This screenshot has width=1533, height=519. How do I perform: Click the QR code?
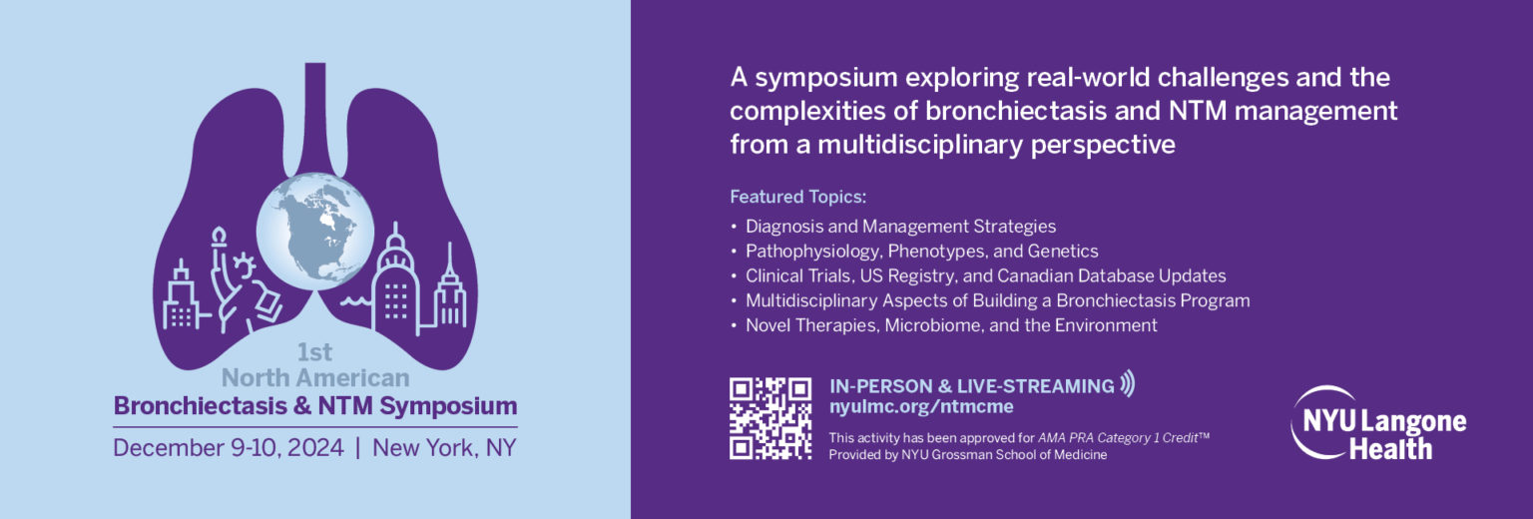pyautogui.click(x=769, y=418)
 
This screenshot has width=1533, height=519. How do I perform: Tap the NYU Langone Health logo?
pyautogui.click(x=1378, y=423)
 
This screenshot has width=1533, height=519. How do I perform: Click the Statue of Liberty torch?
pyautogui.click(x=219, y=237)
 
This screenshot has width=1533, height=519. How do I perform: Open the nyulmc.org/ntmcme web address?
pyautogui.click(x=921, y=407)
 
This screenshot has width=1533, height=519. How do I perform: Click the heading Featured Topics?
pyautogui.click(x=798, y=198)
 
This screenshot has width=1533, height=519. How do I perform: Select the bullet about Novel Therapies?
pyautogui.click(x=951, y=325)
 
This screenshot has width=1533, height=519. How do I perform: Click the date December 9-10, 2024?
pyautogui.click(x=229, y=448)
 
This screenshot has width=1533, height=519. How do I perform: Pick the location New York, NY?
pyautogui.click(x=444, y=448)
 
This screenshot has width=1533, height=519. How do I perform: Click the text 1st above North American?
pyautogui.click(x=314, y=352)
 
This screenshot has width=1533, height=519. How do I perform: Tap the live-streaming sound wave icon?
pyautogui.click(x=1128, y=383)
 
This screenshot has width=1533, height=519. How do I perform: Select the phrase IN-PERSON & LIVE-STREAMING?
pyautogui.click(x=972, y=386)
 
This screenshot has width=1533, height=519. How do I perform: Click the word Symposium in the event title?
pyautogui.click(x=448, y=406)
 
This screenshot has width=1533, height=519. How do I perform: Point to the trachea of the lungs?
pyautogui.click(x=314, y=117)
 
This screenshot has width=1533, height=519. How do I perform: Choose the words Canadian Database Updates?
pyautogui.click(x=1112, y=275)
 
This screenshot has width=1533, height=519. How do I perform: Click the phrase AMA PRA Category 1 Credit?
pyautogui.click(x=1118, y=438)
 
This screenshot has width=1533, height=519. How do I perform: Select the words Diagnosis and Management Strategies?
pyautogui.click(x=900, y=227)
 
